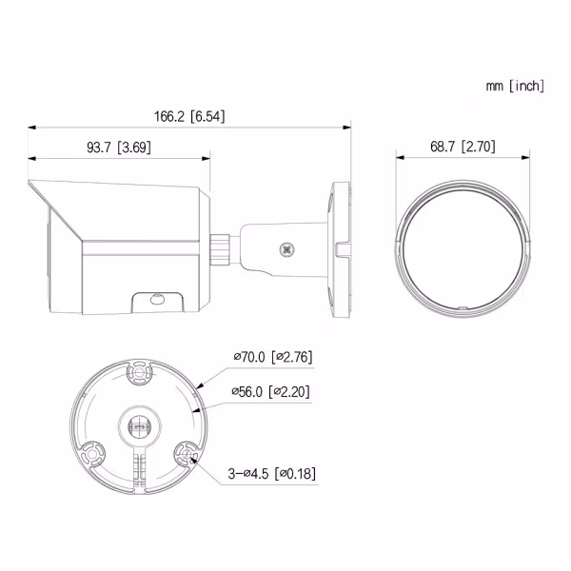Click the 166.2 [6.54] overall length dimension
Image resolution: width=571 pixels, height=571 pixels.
pyautogui.click(x=189, y=116)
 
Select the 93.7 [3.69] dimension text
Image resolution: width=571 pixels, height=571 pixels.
pyautogui.click(x=119, y=148)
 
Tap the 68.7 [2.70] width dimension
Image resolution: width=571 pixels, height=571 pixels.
pyautogui.click(x=463, y=147)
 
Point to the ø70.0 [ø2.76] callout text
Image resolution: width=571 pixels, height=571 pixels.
pyautogui.click(x=273, y=357)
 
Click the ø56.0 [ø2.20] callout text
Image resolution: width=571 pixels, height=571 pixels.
pyautogui.click(x=270, y=392)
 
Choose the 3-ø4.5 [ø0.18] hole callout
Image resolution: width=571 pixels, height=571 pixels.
pyautogui.click(x=272, y=473)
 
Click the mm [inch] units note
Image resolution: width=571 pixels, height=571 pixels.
pyautogui.click(x=515, y=86)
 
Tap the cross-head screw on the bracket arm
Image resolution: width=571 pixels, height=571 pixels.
pyautogui.click(x=287, y=249)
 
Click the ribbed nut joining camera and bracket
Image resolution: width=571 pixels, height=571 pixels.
pyautogui.click(x=220, y=250)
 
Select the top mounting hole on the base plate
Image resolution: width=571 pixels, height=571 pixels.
pyautogui.click(x=139, y=372)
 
